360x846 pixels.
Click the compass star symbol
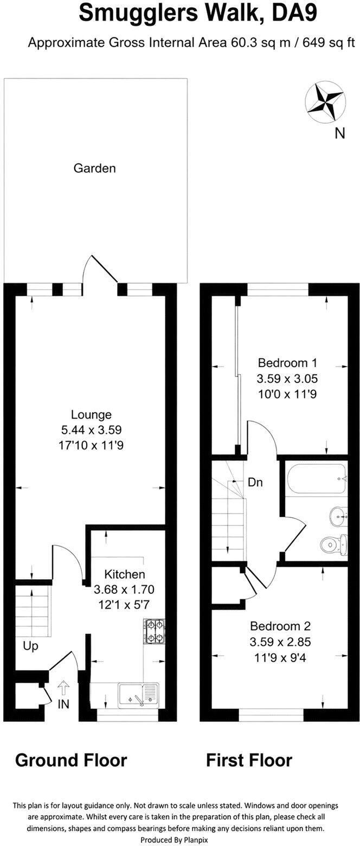pos(325,102)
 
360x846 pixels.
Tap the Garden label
pos(94,168)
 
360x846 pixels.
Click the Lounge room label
pos(91,414)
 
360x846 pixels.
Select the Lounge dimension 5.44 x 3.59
pos(91,430)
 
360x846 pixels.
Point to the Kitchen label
pos(124,574)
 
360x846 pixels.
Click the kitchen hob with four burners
pos(154,631)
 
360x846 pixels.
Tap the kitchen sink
pos(138,695)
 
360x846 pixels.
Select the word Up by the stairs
pos(30,646)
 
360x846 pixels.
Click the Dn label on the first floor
pos(255,482)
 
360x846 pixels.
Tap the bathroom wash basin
pos(338,516)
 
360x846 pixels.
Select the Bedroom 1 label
pos(287,363)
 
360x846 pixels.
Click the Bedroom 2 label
pos(280,626)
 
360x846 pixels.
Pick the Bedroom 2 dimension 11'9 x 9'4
pos(280,657)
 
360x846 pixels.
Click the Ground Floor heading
pos(71,760)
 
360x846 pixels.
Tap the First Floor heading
pos(249,760)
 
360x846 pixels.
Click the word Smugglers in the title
pos(138,14)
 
